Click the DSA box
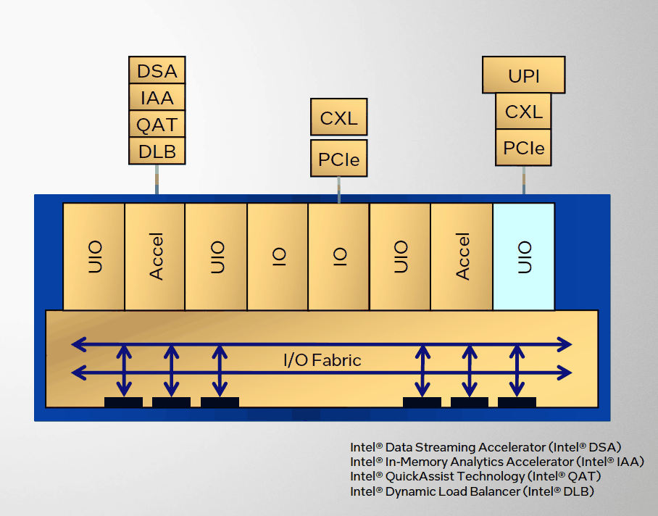[x=157, y=71]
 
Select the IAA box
[x=157, y=97]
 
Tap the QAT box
[x=157, y=124]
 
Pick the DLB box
[x=157, y=151]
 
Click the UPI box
[x=523, y=75]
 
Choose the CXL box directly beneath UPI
[x=523, y=112]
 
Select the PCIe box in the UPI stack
[x=523, y=149]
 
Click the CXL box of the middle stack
[x=338, y=117]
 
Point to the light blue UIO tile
[x=524, y=257]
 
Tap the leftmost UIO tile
[x=94, y=257]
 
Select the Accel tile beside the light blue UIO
[x=462, y=257]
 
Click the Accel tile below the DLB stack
[x=155, y=257]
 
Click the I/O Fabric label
[x=322, y=359]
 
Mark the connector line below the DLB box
[x=157, y=179]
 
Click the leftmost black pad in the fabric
[x=123, y=402]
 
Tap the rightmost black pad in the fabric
[x=517, y=402]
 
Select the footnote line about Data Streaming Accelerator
[x=486, y=447]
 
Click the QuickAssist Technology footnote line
[x=475, y=476]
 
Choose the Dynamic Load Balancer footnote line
[x=472, y=491]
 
